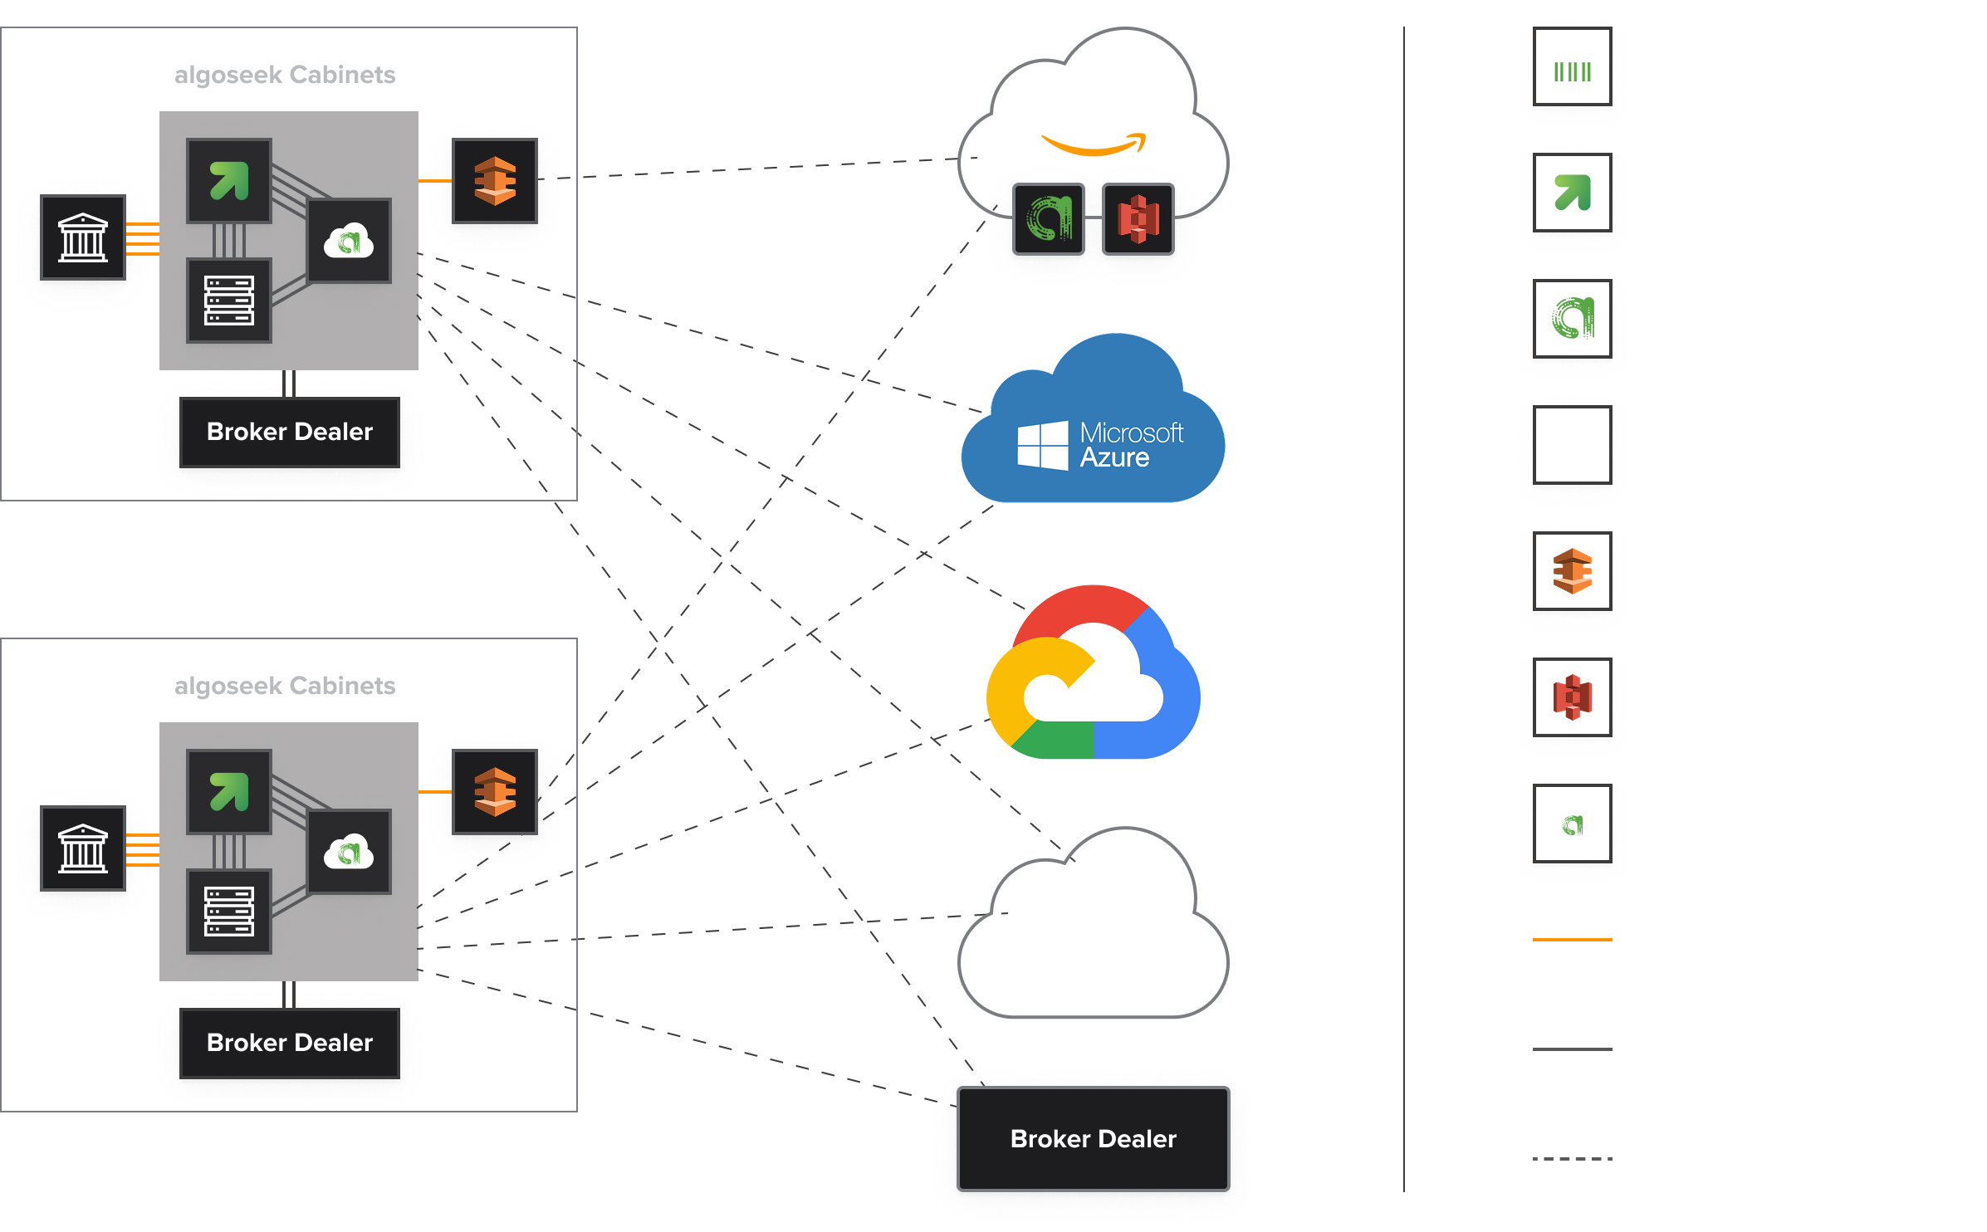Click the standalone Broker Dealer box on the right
pyautogui.click(x=1093, y=1139)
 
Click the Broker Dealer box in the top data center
pyautogui.click(x=289, y=432)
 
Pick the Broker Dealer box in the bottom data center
pyautogui.click(x=289, y=1043)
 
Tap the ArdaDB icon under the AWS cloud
pyautogui.click(x=1049, y=219)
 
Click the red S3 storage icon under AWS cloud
pyautogui.click(x=1138, y=219)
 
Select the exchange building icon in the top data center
pyautogui.click(x=83, y=237)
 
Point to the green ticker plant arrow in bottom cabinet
pyautogui.click(x=229, y=791)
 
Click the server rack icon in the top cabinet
pyautogui.click(x=229, y=301)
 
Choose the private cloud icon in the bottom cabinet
pyautogui.click(x=349, y=852)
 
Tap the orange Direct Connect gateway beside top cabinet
pyautogui.click(x=495, y=181)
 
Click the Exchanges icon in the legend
pyautogui.click(x=1572, y=66)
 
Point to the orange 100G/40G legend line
pyautogui.click(x=1572, y=940)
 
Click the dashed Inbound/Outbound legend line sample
pyautogui.click(x=1572, y=1159)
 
